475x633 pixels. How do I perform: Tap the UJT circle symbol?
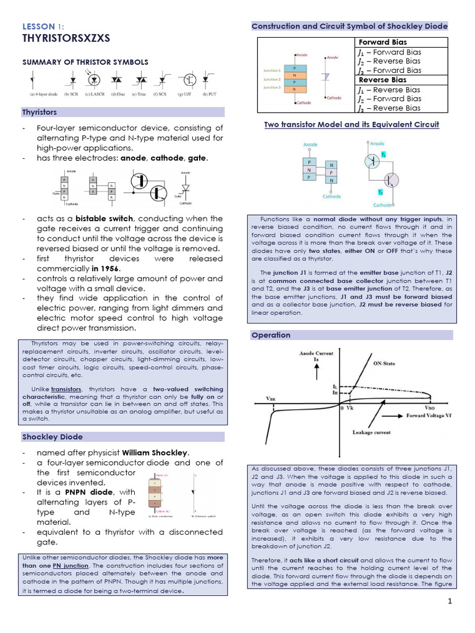(189, 80)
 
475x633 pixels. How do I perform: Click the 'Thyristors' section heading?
(40, 113)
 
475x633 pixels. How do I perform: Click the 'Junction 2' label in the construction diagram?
(272, 80)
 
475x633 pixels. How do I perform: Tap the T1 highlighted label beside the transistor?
(383, 155)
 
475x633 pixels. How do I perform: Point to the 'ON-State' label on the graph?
(385, 363)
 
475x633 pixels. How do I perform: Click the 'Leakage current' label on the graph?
(371, 432)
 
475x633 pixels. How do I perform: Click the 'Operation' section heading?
(270, 335)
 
